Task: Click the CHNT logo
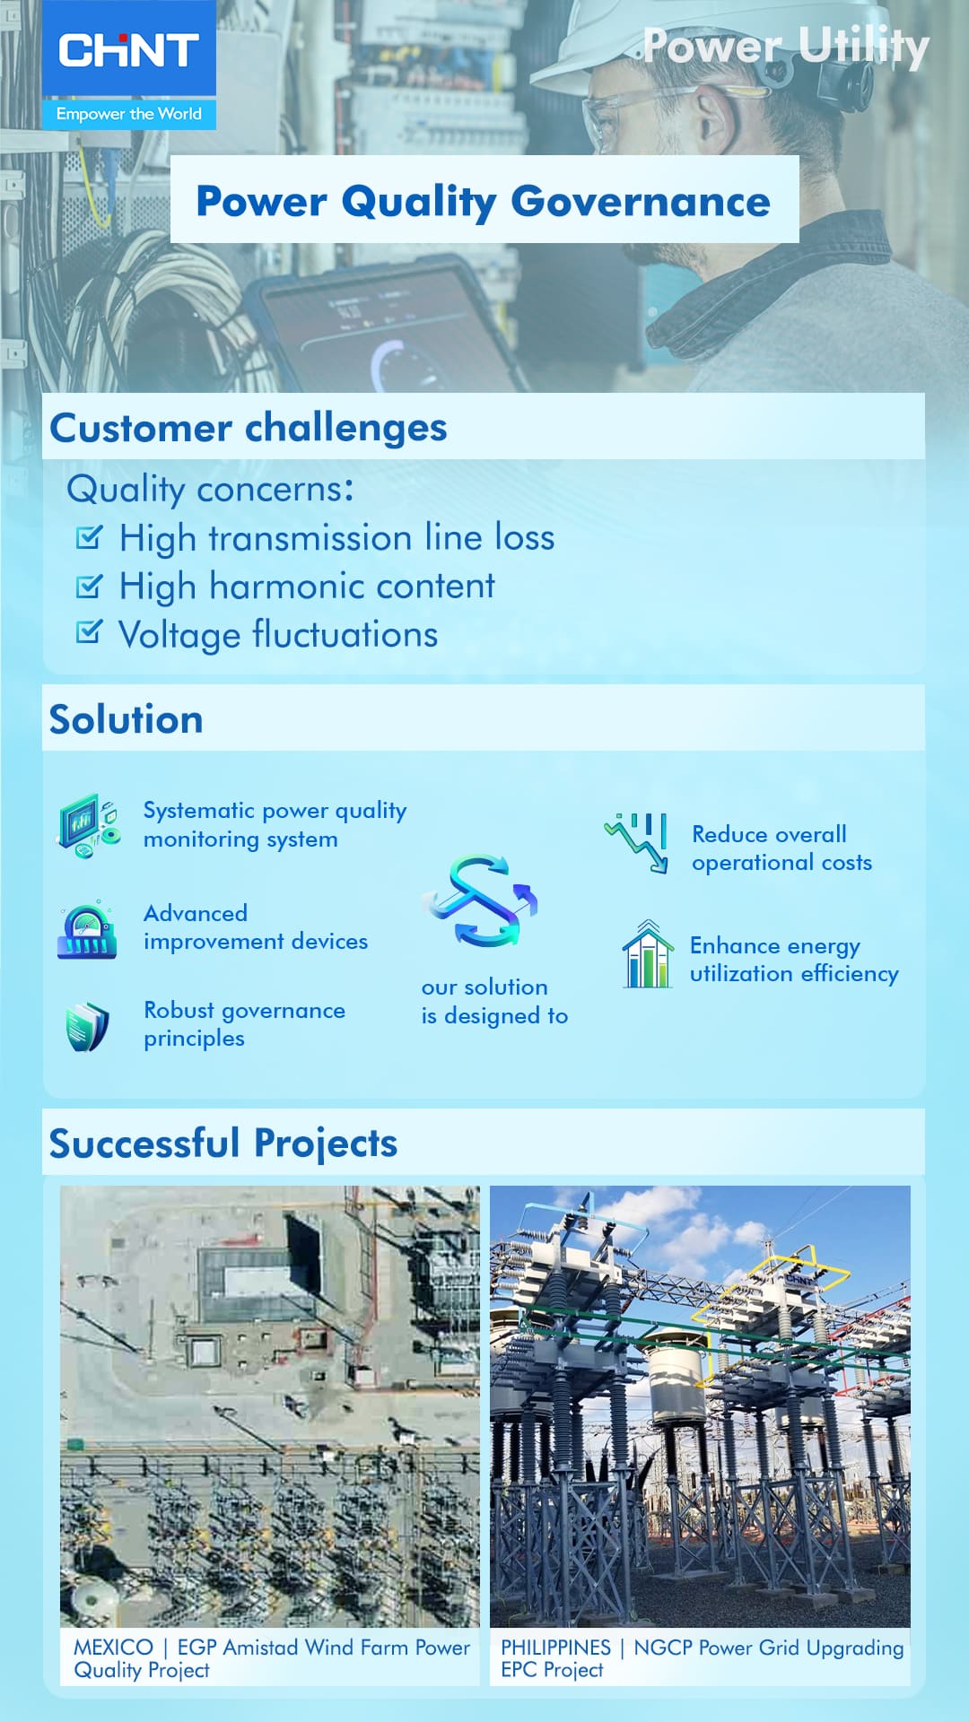point(128,50)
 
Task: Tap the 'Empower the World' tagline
point(128,114)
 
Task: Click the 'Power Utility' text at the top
point(786,46)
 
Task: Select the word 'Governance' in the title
point(641,201)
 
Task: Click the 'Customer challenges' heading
point(249,428)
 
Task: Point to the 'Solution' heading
point(127,719)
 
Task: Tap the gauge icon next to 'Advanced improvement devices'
point(87,930)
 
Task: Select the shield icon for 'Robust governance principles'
point(87,1026)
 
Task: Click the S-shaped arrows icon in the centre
point(481,900)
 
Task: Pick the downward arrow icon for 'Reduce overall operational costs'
point(636,842)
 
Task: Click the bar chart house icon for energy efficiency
point(648,953)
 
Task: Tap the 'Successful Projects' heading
point(223,1144)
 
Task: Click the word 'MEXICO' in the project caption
point(113,1648)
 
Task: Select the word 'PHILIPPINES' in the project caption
point(555,1648)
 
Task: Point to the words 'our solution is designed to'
point(494,1001)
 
